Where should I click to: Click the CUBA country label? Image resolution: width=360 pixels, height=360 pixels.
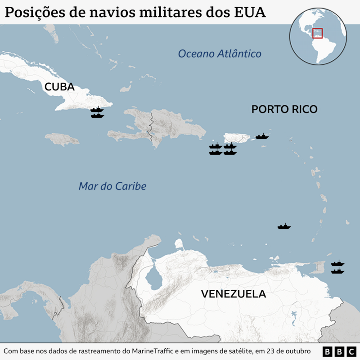point(59,87)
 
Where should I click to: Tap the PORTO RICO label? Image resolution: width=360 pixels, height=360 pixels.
point(284,109)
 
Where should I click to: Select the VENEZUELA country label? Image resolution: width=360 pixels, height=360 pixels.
point(233,294)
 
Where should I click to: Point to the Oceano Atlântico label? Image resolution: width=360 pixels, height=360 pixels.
point(220,54)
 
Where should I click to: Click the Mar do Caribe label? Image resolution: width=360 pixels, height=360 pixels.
point(112,186)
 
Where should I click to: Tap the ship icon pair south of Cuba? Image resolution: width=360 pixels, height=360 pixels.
point(97,112)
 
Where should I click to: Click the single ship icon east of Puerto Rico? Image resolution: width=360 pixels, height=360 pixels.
point(262,136)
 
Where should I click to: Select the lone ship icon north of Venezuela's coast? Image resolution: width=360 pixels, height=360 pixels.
point(284,226)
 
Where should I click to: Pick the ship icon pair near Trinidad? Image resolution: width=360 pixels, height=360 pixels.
point(337,267)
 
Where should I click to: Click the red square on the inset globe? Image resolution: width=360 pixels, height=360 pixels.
point(318,33)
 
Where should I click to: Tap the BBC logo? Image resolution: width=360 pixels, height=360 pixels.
point(338,351)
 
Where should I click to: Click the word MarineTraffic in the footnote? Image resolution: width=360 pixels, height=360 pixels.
point(154,351)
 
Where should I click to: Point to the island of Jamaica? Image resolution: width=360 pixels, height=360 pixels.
point(62,139)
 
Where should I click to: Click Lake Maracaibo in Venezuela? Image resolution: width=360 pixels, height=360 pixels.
point(154,276)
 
